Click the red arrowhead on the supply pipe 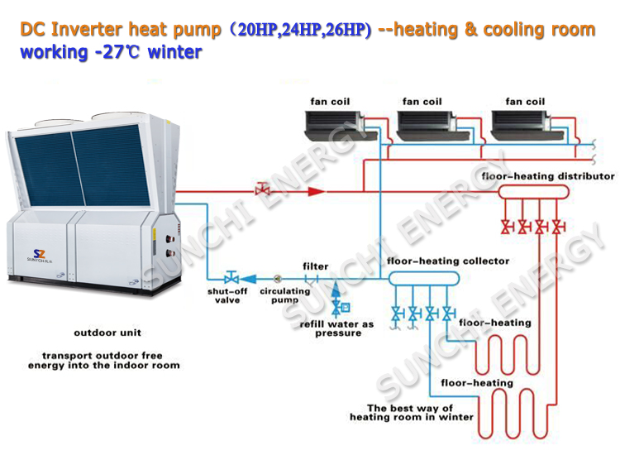click(317, 191)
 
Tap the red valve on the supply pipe click(262, 189)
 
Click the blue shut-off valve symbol click(231, 277)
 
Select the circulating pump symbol click(278, 279)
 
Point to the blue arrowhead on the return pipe click(248, 279)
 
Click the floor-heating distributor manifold click(533, 192)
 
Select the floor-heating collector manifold click(424, 279)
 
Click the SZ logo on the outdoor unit click(39, 254)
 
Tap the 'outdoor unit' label click(107, 333)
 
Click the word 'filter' click(316, 266)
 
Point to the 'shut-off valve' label click(227, 295)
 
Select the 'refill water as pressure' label click(337, 328)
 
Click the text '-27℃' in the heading click(117, 52)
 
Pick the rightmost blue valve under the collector click(449, 314)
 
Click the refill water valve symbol click(338, 308)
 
